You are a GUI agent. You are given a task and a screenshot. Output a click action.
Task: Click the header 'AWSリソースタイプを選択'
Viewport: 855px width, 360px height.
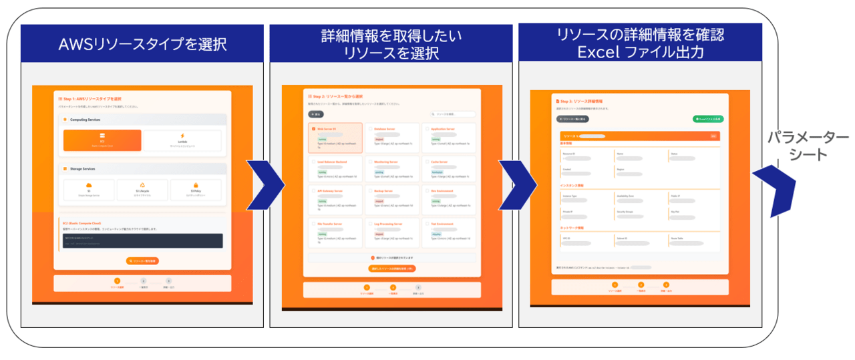tap(142, 44)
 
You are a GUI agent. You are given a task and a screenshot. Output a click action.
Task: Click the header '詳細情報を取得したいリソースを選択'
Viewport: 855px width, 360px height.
tap(391, 44)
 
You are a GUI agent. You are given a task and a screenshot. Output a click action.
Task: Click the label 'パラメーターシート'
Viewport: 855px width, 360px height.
tap(807, 146)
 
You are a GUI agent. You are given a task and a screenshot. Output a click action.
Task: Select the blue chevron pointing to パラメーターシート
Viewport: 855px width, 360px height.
tap(774, 191)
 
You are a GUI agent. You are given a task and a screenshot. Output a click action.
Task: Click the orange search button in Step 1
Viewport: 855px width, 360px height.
tap(142, 260)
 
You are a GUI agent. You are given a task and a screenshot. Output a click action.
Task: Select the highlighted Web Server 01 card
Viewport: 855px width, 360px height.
tap(335, 138)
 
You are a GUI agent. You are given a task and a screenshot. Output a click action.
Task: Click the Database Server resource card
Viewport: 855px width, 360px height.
tap(392, 138)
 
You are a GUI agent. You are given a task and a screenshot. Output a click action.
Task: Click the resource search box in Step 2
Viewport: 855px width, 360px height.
tap(453, 114)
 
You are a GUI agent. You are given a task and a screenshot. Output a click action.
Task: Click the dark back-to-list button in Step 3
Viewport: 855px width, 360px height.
tap(572, 119)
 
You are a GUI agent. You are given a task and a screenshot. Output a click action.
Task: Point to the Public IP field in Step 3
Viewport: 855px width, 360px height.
tap(693, 198)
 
